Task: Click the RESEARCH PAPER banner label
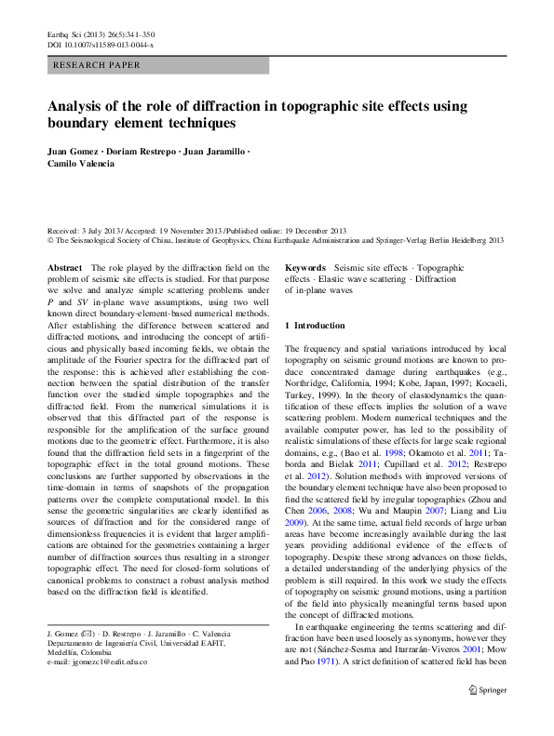(98, 65)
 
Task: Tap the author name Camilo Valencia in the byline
(83, 163)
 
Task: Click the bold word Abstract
(65, 267)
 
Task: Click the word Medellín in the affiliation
(64, 652)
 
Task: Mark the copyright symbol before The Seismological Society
(51, 239)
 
